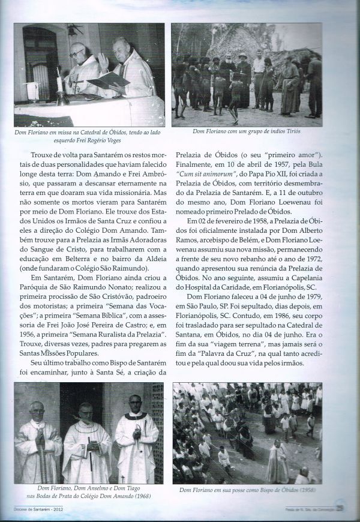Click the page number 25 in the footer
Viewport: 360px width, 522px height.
pyautogui.click(x=340, y=509)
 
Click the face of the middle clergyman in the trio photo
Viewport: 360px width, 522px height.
pyautogui.click(x=86, y=413)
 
